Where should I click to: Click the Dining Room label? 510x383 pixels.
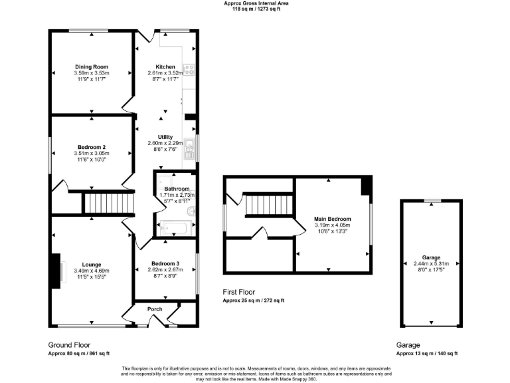pos(92,66)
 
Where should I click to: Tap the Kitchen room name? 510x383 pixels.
pos(165,67)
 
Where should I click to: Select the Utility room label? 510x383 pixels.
pos(165,137)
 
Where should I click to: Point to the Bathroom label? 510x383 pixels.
pos(177,189)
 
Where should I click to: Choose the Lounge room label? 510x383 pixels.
pos(92,264)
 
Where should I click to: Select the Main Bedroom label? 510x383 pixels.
pos(332,219)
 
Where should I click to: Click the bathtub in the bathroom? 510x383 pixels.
pos(173,229)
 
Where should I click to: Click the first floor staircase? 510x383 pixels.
pos(268,205)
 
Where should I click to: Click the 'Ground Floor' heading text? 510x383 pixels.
pos(70,344)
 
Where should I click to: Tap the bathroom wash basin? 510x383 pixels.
pos(191,211)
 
